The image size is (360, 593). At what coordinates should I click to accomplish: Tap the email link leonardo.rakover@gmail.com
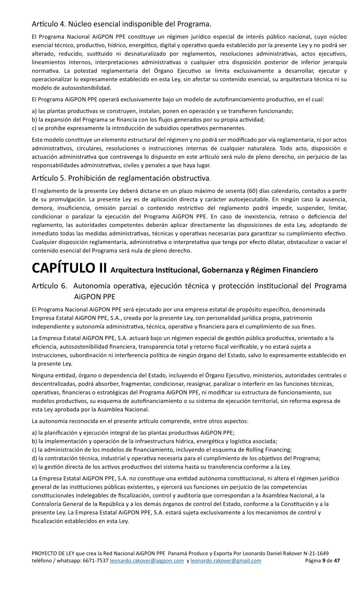pyautogui.click(x=226, y=561)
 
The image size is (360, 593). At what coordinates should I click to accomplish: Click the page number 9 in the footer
pyautogui.click(x=324, y=561)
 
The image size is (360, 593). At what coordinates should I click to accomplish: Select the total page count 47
pyautogui.click(x=337, y=561)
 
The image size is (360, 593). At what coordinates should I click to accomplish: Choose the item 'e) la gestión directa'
pyautogui.click(x=161, y=467)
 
